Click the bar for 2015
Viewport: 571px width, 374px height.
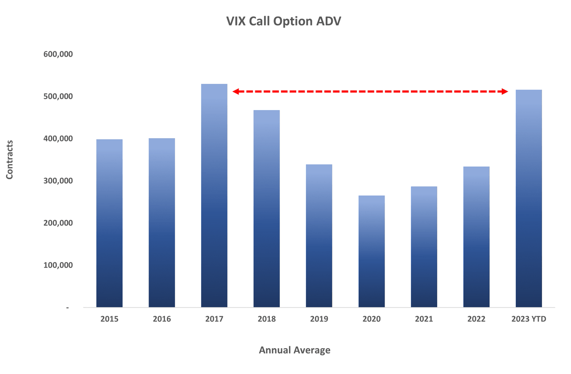pos(109,223)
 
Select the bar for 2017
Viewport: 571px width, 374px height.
pos(214,196)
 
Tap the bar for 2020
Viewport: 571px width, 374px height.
pos(372,251)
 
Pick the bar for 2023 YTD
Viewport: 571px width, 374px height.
pos(529,199)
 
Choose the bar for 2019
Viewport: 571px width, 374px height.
pos(319,236)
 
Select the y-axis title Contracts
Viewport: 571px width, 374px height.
pos(9,160)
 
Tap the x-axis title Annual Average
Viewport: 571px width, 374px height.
pos(294,350)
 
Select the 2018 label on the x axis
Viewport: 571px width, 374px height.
pos(266,319)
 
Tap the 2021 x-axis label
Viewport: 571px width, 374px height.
pos(424,319)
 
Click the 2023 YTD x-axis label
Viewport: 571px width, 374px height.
pos(529,319)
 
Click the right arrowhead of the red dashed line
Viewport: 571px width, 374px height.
pos(505,91)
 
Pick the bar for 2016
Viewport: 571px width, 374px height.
pos(161,223)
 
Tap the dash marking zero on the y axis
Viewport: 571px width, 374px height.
pos(67,308)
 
